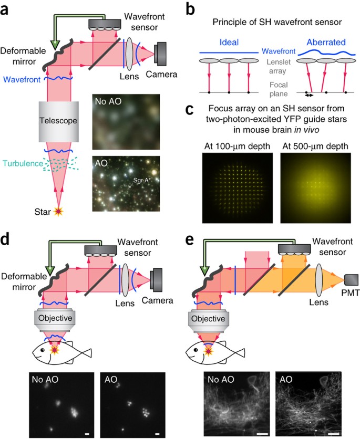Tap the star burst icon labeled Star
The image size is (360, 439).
(x=59, y=211)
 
